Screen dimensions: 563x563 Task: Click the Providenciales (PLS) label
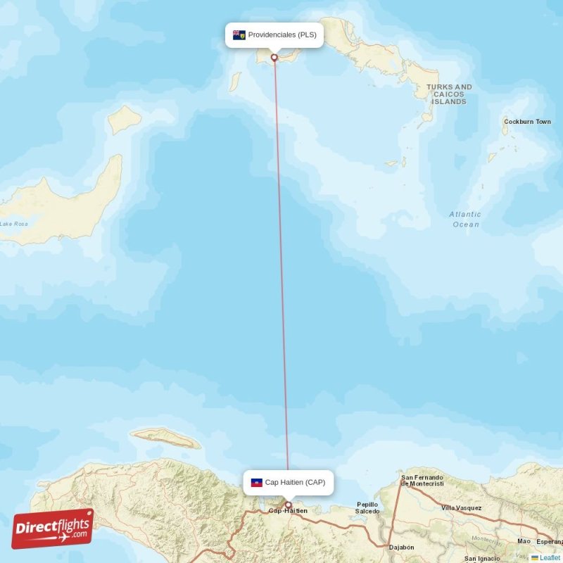[281, 34]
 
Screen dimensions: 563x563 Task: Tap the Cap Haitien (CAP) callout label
[295, 482]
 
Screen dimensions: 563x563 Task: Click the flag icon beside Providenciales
[239, 34]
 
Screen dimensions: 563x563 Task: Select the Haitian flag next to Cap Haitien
[257, 482]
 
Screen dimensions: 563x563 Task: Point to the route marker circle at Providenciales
[274, 58]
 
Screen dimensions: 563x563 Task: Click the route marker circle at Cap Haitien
[288, 505]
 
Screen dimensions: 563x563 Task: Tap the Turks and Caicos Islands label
[449, 94]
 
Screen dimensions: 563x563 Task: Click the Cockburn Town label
[527, 122]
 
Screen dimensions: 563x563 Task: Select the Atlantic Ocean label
[465, 219]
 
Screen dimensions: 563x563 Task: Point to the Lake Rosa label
[14, 224]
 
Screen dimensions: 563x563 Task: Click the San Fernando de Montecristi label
[422, 480]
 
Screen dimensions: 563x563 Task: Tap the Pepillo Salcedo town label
[367, 507]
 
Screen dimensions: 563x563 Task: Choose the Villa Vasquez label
[462, 507]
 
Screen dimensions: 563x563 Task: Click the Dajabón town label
[401, 547]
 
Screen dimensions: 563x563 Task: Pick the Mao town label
[524, 541]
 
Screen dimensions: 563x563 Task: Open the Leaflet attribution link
[550, 557]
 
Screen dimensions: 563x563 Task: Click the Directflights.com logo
[53, 529]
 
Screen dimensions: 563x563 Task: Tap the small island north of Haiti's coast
[166, 438]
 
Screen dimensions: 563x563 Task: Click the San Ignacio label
[482, 559]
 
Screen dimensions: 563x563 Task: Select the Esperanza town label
[550, 542]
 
